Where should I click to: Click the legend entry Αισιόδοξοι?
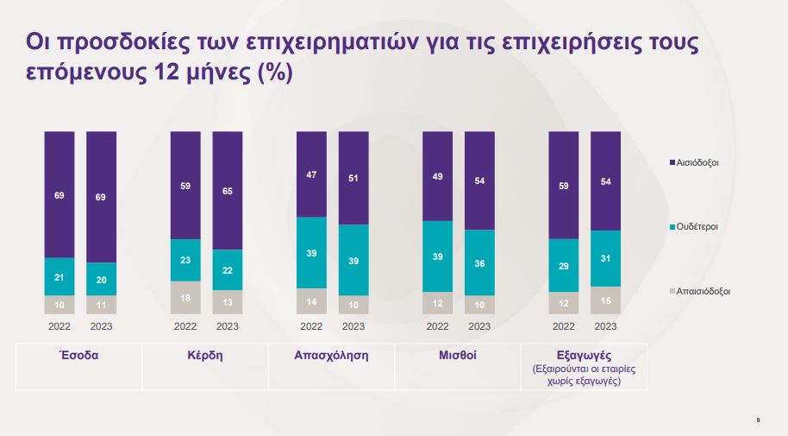[697, 162]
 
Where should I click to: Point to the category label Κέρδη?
[205, 356]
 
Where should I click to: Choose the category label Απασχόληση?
[332, 356]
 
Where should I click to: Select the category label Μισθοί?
[458, 356]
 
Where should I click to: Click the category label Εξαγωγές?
[585, 356]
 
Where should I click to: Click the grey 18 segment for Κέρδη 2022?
[185, 297]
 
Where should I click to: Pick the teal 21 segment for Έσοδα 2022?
[59, 276]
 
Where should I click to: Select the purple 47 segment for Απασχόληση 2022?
[311, 174]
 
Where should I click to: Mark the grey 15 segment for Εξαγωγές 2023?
[605, 300]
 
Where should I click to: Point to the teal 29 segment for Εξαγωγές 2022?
[564, 265]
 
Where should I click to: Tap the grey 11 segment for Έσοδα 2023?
[101, 305]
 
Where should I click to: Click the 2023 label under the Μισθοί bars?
[479, 327]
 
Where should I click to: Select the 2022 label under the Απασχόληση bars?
[311, 327]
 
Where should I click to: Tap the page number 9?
[758, 420]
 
